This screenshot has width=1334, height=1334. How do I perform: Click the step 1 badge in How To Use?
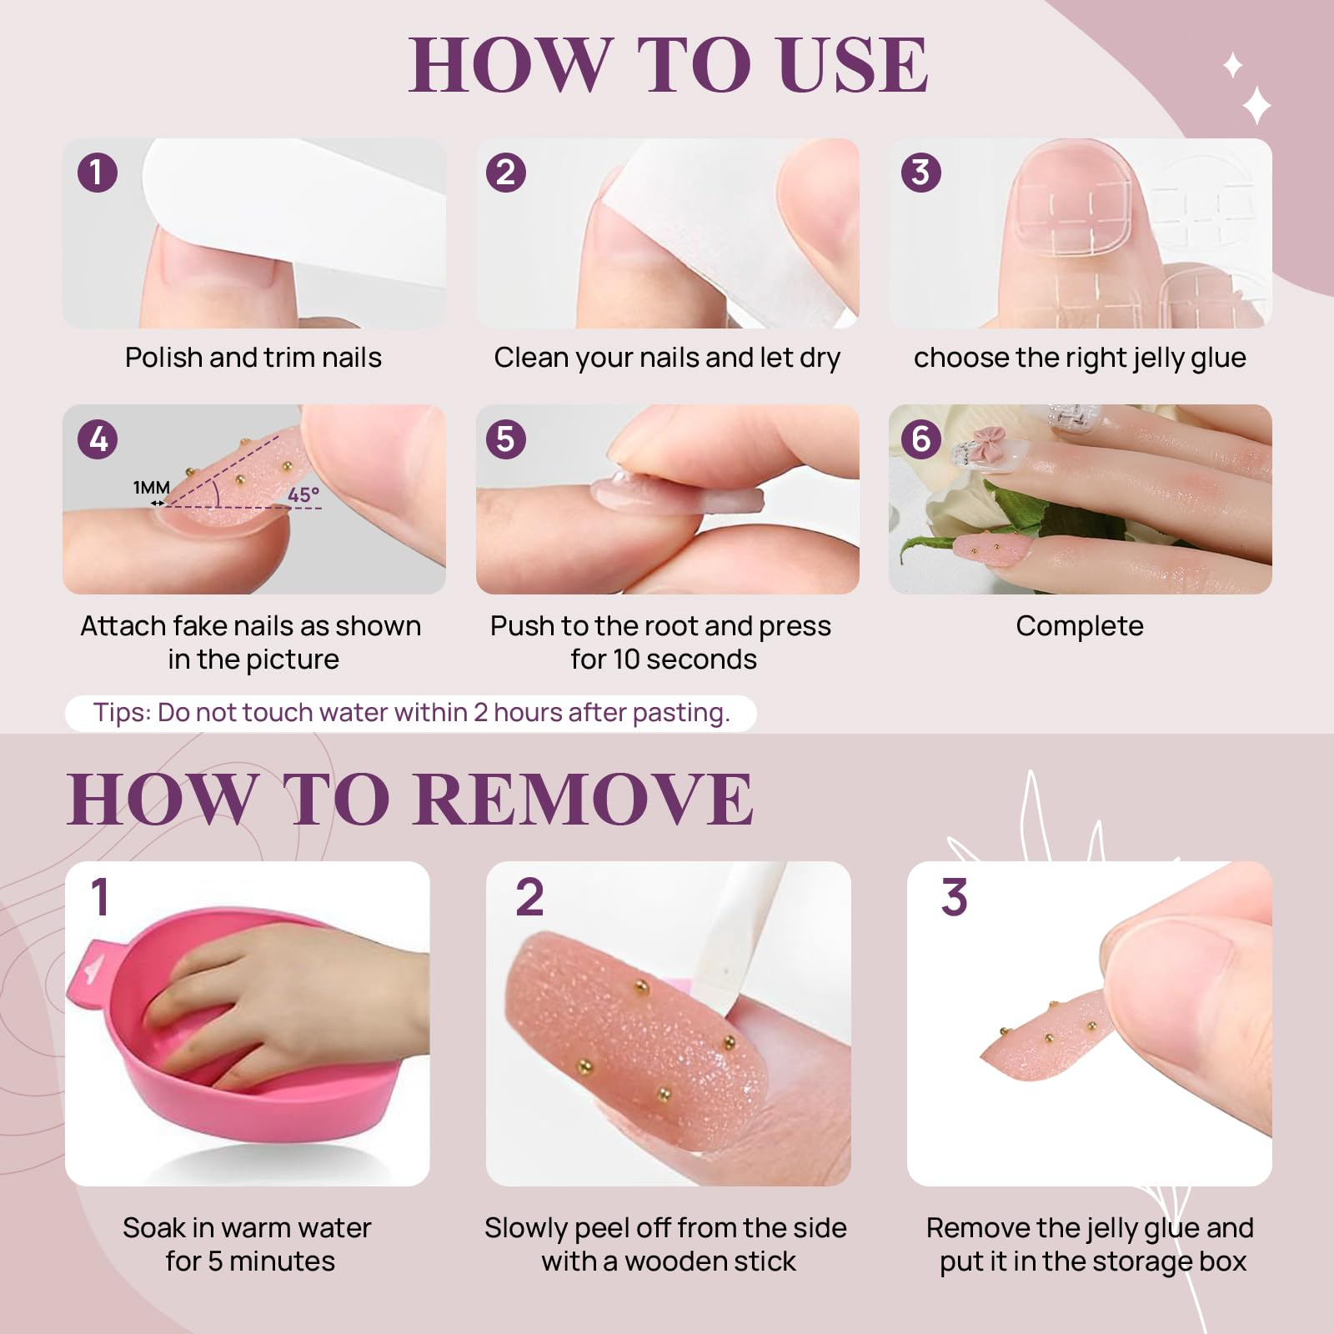pyautogui.click(x=98, y=173)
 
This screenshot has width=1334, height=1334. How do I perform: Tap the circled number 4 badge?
pyautogui.click(x=98, y=439)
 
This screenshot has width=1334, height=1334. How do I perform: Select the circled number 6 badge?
pyautogui.click(x=921, y=439)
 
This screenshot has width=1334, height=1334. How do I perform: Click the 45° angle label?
pyautogui.click(x=303, y=494)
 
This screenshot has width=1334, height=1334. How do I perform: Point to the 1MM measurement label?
pyautogui.click(x=152, y=487)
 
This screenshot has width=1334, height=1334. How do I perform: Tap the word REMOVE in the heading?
pyautogui.click(x=583, y=799)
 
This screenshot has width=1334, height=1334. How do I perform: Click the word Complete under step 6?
pyautogui.click(x=1080, y=626)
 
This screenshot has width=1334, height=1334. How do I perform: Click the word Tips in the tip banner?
pyautogui.click(x=122, y=713)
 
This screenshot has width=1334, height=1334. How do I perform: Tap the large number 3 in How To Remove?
pyautogui.click(x=954, y=897)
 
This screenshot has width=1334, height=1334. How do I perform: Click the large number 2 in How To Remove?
pyautogui.click(x=529, y=897)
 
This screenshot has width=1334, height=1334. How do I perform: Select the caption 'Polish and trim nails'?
pyautogui.click(x=253, y=358)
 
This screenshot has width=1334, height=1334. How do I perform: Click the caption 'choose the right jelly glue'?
pyautogui.click(x=1080, y=359)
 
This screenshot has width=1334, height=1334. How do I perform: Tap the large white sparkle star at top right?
pyautogui.click(x=1256, y=106)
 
